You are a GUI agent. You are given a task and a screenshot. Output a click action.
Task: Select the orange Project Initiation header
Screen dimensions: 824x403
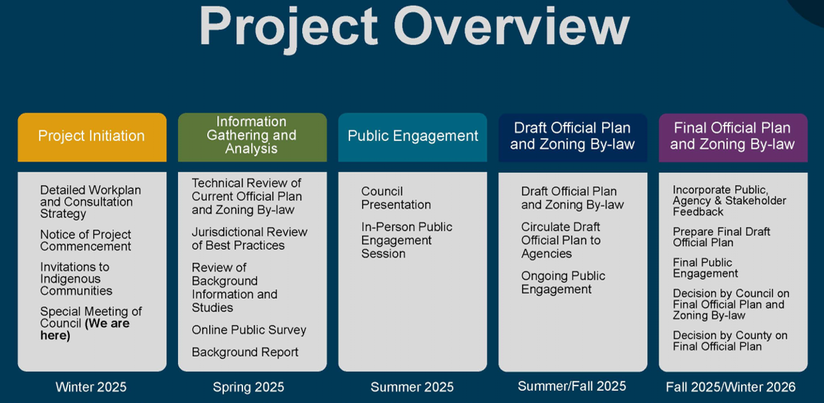(x=92, y=137)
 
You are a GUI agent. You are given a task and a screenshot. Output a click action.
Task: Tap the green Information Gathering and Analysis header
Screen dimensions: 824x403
(x=252, y=137)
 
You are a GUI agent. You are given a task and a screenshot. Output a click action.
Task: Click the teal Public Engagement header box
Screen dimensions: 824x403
(x=413, y=137)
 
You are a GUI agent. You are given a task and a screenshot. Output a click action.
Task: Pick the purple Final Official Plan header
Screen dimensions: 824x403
(x=733, y=137)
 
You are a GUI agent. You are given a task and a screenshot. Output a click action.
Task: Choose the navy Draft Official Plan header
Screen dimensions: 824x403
(x=573, y=137)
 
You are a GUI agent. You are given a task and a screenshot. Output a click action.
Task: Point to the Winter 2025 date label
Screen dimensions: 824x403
(x=91, y=387)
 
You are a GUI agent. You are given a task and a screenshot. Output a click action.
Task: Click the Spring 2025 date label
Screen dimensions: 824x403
(x=248, y=387)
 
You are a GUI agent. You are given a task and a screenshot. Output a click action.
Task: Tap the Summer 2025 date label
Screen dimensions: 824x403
(x=412, y=387)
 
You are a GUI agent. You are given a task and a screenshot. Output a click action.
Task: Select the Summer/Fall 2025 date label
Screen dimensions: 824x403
(x=572, y=386)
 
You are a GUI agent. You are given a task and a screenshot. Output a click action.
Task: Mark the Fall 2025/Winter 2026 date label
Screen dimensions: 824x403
(x=730, y=387)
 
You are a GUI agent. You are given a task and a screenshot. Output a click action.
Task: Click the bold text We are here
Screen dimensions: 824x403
(x=85, y=329)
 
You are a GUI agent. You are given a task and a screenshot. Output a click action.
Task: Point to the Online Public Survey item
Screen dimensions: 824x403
(x=249, y=330)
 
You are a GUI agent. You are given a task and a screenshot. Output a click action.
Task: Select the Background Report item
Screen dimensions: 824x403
(x=245, y=353)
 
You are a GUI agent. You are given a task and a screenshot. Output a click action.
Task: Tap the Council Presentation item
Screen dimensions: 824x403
(x=396, y=198)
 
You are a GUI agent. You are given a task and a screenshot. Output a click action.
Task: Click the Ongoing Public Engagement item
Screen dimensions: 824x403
(x=563, y=282)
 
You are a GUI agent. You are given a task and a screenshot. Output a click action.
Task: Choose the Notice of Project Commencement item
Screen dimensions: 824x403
(x=86, y=240)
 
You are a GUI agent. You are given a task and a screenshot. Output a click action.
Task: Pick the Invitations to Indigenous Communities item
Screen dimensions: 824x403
(x=76, y=279)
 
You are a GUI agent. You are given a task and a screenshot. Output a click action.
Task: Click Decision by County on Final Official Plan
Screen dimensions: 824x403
(x=730, y=341)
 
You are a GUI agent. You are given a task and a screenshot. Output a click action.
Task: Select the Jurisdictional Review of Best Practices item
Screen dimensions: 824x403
(x=250, y=239)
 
